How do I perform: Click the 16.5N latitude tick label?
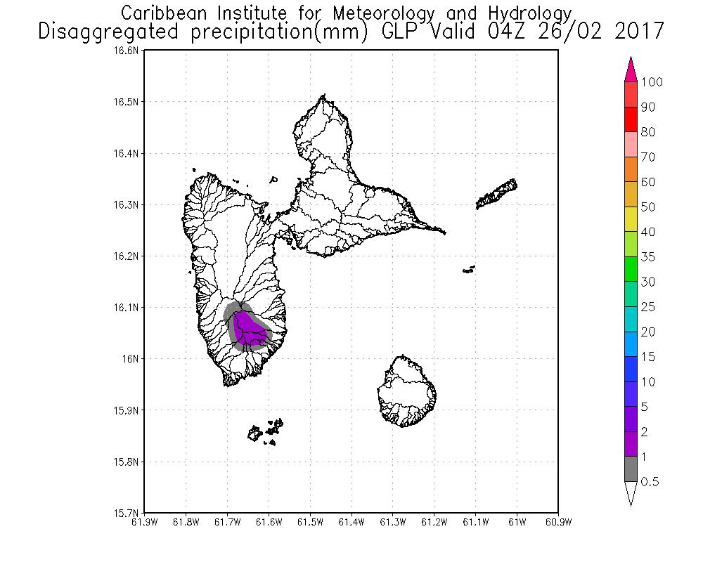tap(129, 102)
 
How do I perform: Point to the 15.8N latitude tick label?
tap(129, 462)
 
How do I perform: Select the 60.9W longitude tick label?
tap(557, 521)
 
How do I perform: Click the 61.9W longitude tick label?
tap(144, 521)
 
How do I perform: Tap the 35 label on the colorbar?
tap(647, 257)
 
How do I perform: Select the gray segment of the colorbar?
tap(631, 469)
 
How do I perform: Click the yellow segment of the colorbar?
tap(631, 220)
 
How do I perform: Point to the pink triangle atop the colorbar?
tap(631, 70)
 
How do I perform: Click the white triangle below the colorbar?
tap(631, 494)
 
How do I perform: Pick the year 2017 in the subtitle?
tap(637, 32)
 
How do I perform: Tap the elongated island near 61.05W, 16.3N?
tap(498, 195)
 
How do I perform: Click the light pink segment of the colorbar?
tap(631, 145)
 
